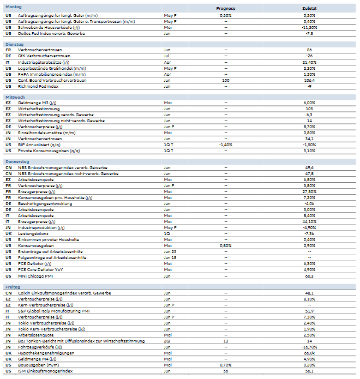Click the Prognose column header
(x=225, y=9)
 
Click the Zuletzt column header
(x=309, y=9)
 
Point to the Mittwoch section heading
(x=15, y=97)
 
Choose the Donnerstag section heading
(x=17, y=161)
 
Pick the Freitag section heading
(x=13, y=286)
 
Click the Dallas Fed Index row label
(x=51, y=33)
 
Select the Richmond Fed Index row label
(x=38, y=86)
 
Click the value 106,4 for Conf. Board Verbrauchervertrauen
(x=309, y=80)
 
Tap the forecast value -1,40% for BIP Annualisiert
(x=225, y=145)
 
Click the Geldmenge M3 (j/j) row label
(x=37, y=103)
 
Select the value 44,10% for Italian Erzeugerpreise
(x=309, y=222)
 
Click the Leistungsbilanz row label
(x=33, y=233)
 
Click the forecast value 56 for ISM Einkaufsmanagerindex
(x=225, y=371)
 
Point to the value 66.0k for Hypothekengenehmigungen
(x=309, y=353)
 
